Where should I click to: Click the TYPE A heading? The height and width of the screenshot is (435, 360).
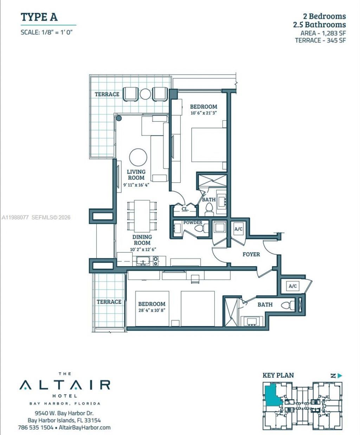click(39, 17)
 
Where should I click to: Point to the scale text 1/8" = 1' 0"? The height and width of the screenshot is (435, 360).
click(48, 32)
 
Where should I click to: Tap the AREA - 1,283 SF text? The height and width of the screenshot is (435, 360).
click(323, 33)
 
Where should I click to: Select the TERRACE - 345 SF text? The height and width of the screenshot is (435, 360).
click(320, 40)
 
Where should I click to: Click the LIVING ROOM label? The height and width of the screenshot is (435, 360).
click(136, 175)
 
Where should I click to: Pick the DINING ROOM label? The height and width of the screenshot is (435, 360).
click(142, 240)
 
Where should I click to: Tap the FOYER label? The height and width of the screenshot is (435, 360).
click(251, 254)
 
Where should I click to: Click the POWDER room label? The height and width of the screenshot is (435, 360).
click(193, 222)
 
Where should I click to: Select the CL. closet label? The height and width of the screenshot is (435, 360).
click(185, 209)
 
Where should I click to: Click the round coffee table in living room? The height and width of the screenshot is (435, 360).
click(138, 157)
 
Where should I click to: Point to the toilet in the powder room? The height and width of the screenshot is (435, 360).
click(201, 229)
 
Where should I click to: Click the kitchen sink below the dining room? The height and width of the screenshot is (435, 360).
click(143, 261)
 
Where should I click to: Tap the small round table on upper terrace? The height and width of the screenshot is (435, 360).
click(146, 94)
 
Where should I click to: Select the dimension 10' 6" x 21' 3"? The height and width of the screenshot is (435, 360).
click(204, 113)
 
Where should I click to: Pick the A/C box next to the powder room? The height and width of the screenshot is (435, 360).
click(238, 229)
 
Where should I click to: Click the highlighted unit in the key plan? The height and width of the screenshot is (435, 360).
click(272, 396)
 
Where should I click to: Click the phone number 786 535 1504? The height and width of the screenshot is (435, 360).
click(36, 428)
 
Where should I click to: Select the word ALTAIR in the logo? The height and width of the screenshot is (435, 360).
click(65, 385)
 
